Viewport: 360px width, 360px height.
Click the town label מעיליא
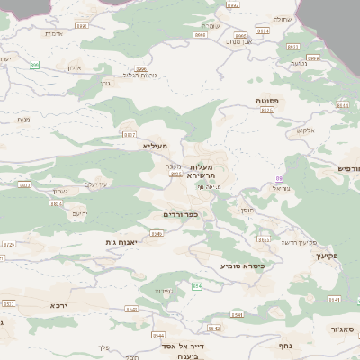click(x=156, y=144)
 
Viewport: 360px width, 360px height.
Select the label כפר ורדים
click(x=180, y=214)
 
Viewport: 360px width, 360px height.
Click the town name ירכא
click(x=58, y=306)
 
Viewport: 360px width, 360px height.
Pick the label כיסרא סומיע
click(x=242, y=266)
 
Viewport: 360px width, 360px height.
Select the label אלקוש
click(x=305, y=131)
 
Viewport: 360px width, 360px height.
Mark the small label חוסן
click(x=247, y=210)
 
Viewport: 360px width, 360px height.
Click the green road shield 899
click(x=35, y=65)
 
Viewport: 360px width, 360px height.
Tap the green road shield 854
click(x=196, y=285)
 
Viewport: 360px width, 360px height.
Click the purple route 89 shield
click(x=280, y=179)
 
